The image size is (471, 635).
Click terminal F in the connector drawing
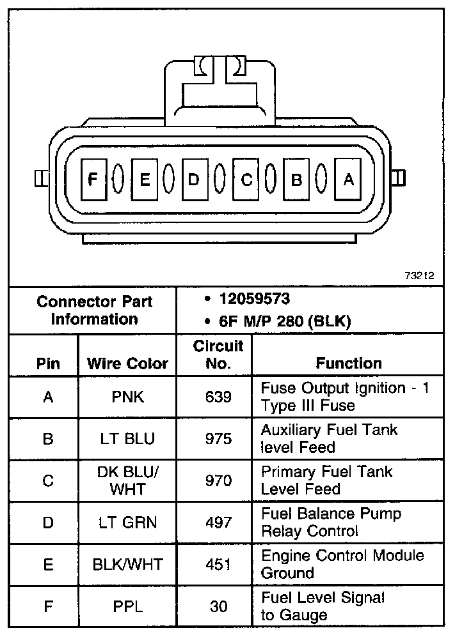(93, 180)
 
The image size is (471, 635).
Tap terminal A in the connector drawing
(348, 180)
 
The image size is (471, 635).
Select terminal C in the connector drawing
(246, 180)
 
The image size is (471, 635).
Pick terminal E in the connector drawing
(145, 180)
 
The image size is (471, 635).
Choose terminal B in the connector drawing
(297, 180)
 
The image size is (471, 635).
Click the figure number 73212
(419, 276)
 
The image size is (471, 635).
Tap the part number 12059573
(254, 300)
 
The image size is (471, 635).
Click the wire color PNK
(127, 397)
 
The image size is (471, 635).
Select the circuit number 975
(218, 439)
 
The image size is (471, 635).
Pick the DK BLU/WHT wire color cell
(127, 480)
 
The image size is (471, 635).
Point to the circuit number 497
(218, 523)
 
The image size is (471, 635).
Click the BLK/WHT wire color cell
(127, 565)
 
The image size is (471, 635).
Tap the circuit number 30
(218, 606)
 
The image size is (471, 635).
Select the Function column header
(348, 363)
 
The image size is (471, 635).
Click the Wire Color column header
(127, 364)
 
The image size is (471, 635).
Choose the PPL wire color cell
(127, 606)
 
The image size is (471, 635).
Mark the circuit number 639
(218, 397)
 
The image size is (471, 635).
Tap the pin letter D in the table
(48, 523)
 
